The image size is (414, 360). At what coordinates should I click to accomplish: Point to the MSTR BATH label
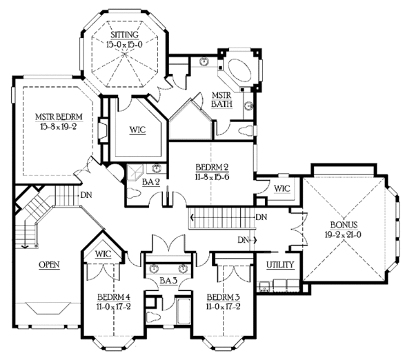click(221, 100)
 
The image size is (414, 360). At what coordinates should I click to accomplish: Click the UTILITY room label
click(281, 265)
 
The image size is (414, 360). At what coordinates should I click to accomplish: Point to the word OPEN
click(48, 265)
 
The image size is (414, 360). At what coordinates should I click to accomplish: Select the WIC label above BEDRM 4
click(103, 254)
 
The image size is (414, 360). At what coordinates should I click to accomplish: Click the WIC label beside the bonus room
click(282, 188)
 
